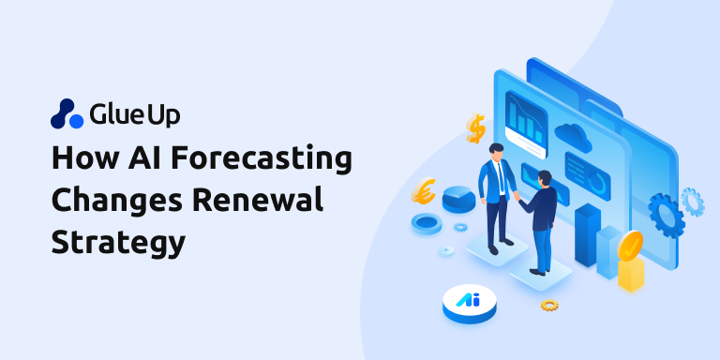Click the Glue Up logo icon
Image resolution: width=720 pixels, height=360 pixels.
[67, 113]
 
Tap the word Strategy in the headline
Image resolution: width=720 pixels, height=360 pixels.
[118, 243]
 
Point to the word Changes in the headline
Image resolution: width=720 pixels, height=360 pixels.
[105, 202]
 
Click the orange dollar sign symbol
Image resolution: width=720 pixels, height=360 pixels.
[475, 127]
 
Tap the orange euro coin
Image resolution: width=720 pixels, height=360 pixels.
[423, 191]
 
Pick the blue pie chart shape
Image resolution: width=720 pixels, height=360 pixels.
[458, 198]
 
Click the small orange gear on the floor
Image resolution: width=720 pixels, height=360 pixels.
[549, 305]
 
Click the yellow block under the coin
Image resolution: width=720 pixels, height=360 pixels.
[631, 273]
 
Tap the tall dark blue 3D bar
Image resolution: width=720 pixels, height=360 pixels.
[588, 233]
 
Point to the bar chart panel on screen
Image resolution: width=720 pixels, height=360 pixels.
[526, 119]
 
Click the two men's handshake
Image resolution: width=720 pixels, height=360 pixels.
[517, 199]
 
